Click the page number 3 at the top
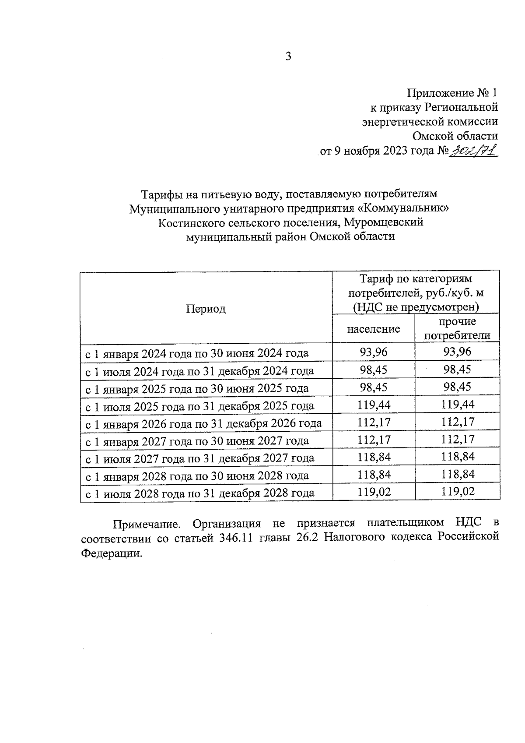[288, 56]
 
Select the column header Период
[206, 309]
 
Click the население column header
[373, 329]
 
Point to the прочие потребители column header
[457, 329]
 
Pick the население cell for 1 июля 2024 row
[373, 370]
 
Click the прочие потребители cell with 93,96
[457, 352]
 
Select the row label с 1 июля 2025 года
[199, 406]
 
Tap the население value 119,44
[373, 405]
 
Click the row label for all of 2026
[203, 423]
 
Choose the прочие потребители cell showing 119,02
[457, 492]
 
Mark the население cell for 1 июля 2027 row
[373, 458]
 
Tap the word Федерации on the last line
[112, 553]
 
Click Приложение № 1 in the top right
[452, 93]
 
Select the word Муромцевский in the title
[383, 222]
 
